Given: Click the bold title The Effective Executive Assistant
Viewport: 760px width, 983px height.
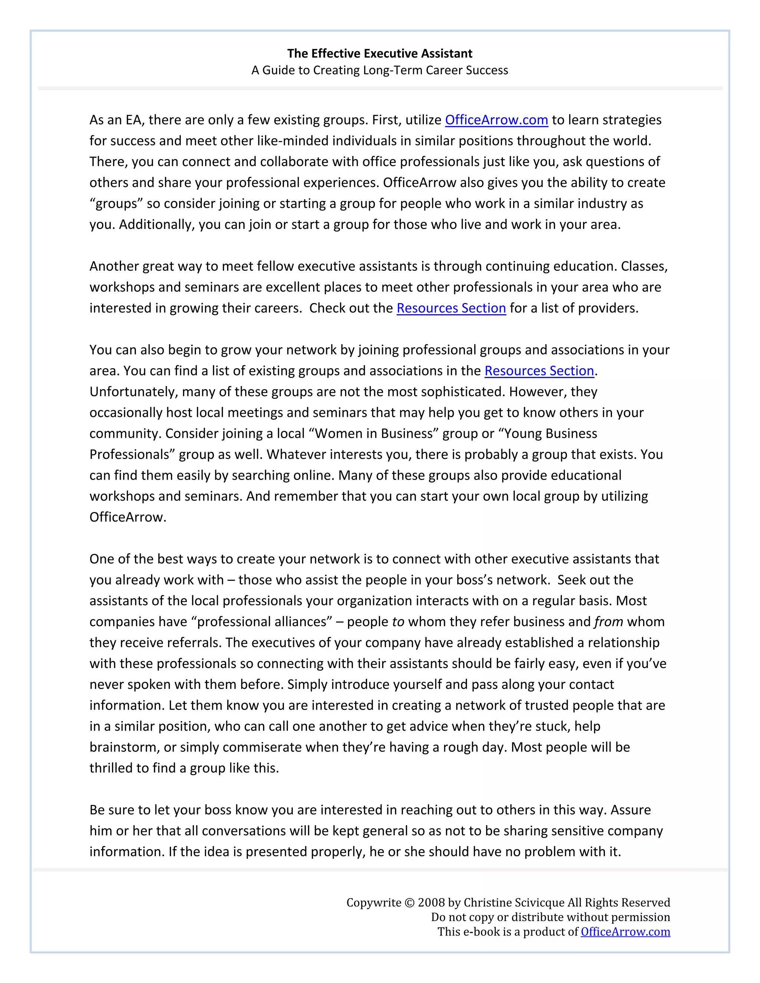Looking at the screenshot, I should coord(380,53).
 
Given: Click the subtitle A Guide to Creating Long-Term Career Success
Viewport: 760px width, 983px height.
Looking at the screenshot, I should coord(380,70).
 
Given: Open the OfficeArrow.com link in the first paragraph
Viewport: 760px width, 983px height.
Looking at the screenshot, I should coord(496,120).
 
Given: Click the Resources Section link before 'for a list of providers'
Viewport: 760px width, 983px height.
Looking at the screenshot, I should coord(451,308).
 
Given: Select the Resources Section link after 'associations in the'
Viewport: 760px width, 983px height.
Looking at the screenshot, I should coord(539,371).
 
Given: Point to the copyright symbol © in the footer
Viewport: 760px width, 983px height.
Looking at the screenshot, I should coord(409,903).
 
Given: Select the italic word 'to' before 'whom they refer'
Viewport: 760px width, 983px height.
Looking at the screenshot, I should coord(398,622).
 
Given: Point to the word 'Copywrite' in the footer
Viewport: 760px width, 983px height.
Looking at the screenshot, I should coord(373,903).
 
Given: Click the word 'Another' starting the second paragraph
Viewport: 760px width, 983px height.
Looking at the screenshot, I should coord(114,266).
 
